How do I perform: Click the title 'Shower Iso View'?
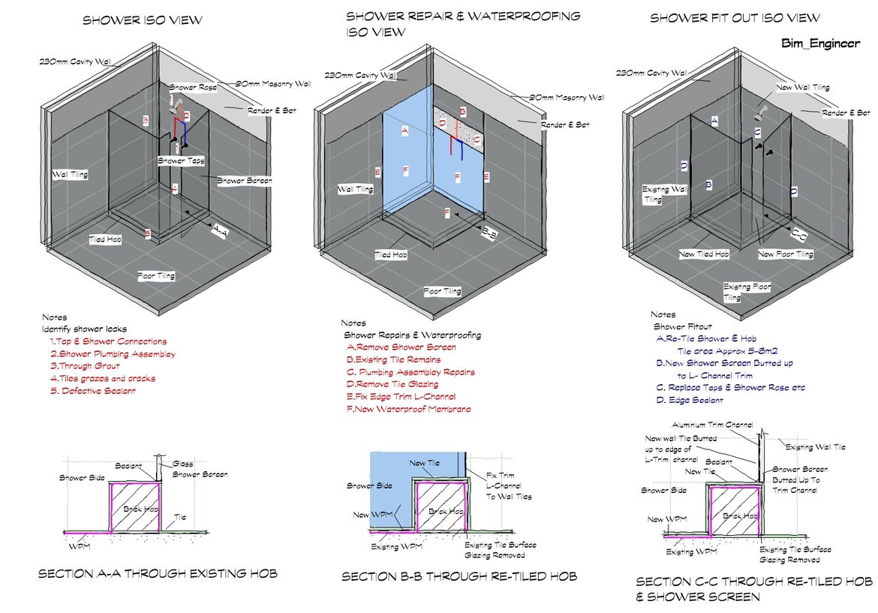coord(142,20)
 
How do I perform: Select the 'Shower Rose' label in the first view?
coord(192,88)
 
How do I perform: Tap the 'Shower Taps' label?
coord(181,161)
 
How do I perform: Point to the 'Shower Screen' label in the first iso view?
coord(245,180)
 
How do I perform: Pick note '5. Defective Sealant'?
coord(93,391)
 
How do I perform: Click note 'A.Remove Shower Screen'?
coord(401,347)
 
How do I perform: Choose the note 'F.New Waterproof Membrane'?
coord(408,409)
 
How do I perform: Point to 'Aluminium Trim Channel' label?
coord(712,425)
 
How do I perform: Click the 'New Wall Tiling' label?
coord(803,88)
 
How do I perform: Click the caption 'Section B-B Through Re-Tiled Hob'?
coord(459,576)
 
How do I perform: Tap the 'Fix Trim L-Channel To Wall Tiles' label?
coord(508,485)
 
